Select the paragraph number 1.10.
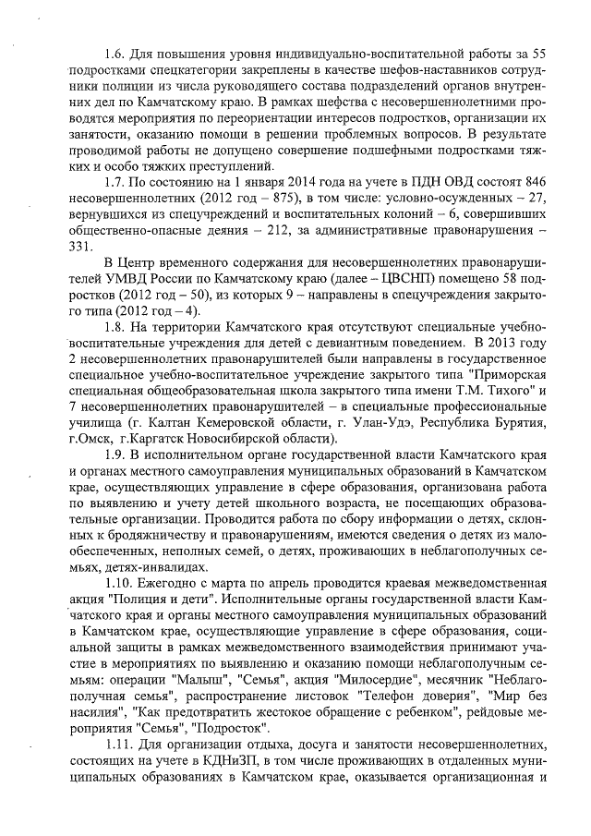point(120,583)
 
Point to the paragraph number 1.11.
point(120,761)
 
